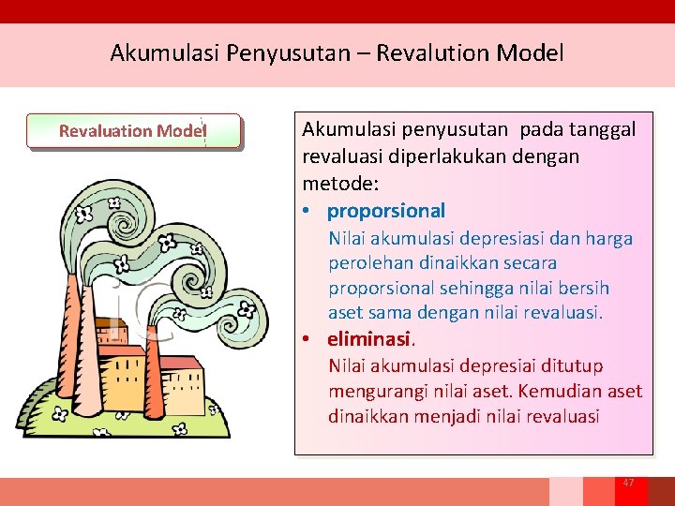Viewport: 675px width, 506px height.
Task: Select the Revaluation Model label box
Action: (133, 131)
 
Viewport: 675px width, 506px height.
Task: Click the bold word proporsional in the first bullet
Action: (386, 211)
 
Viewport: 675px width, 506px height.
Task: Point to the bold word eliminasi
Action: (369, 339)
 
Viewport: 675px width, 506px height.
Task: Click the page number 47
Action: (628, 483)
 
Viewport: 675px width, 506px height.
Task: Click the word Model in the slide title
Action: (531, 52)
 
